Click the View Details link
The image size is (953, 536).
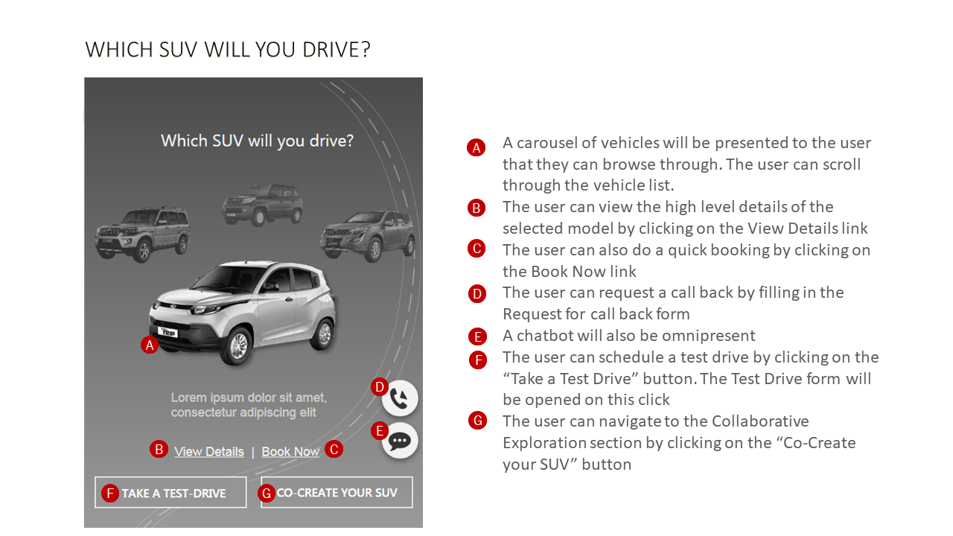(x=209, y=451)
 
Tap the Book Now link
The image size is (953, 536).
(x=290, y=451)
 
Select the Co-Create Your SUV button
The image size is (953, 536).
(x=337, y=492)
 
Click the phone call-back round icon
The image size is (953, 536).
(x=400, y=398)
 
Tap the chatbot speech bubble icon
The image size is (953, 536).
(x=400, y=441)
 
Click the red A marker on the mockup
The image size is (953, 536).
(x=150, y=345)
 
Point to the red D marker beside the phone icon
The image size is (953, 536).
(x=380, y=387)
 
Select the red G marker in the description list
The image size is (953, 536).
(x=478, y=421)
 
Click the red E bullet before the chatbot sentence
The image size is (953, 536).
(x=478, y=336)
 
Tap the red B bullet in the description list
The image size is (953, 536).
(x=476, y=208)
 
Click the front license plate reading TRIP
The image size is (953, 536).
(x=168, y=332)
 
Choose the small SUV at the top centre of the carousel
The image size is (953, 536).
(x=262, y=204)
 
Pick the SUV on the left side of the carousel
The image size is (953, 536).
(x=142, y=234)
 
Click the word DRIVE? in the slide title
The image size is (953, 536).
(x=337, y=50)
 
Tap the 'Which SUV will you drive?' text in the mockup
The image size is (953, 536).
(x=257, y=141)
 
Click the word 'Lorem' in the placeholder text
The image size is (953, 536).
(x=188, y=398)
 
